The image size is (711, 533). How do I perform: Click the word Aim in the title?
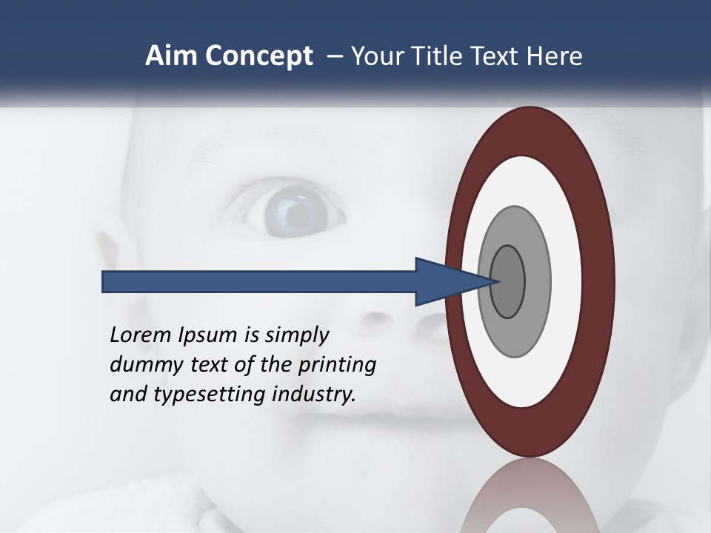[x=164, y=56]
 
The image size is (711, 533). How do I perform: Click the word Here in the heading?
[x=555, y=56]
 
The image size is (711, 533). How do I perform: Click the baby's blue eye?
[x=297, y=212]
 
